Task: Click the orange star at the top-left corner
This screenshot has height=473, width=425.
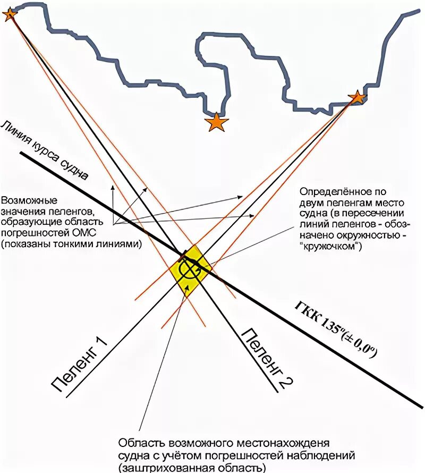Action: (x=10, y=14)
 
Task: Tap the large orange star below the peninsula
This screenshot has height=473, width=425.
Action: (x=217, y=123)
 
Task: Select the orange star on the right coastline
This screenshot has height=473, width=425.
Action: (x=357, y=97)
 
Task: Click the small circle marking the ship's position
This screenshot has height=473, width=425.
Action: (x=188, y=269)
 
